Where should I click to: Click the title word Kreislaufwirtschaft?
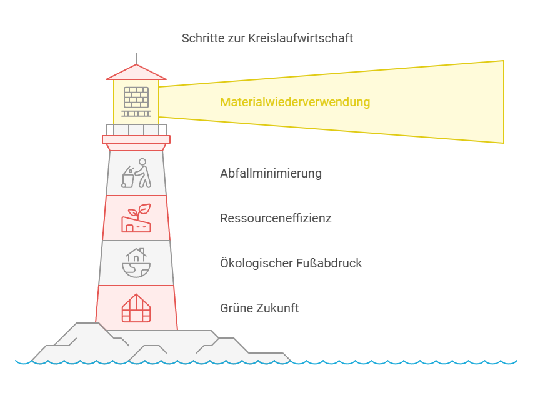click(x=301, y=38)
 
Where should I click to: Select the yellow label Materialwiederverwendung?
click(x=295, y=102)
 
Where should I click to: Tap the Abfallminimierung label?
click(x=271, y=173)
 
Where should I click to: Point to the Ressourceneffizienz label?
click(x=276, y=218)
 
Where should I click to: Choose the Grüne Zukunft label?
click(x=259, y=308)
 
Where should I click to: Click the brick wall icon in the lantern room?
click(x=136, y=102)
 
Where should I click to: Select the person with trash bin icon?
click(x=136, y=173)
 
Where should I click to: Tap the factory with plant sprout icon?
click(x=136, y=218)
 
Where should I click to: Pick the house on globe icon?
click(x=136, y=262)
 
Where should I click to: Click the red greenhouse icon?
click(x=136, y=308)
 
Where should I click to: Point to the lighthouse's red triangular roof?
click(x=136, y=72)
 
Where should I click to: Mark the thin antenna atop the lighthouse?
click(x=136, y=58)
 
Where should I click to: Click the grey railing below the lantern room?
click(x=136, y=130)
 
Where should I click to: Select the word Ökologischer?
click(x=256, y=263)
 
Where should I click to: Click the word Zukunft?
click(x=277, y=308)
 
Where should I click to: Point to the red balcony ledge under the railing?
click(x=136, y=139)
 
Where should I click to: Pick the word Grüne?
click(x=237, y=308)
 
